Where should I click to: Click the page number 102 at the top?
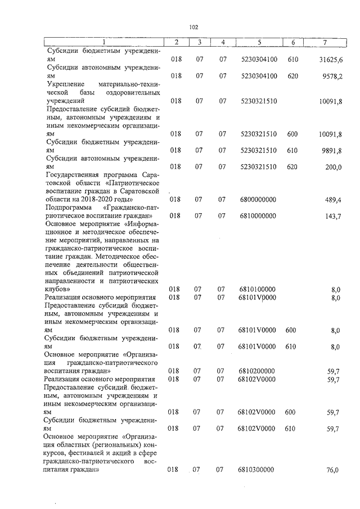(194, 26)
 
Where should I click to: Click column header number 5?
(259, 42)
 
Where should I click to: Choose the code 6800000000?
(258, 200)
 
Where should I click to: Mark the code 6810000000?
(258, 216)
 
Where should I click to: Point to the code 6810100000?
(258, 289)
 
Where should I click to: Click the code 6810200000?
(258, 371)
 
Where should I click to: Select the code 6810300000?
(258, 470)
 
